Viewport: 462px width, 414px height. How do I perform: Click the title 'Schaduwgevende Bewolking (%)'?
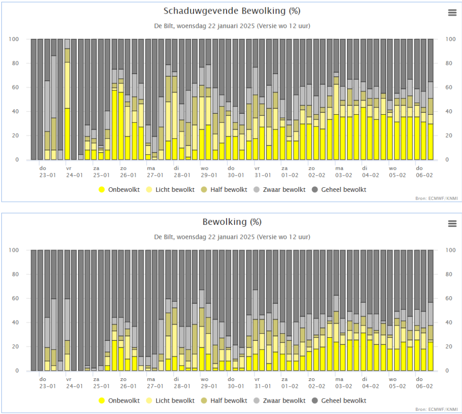[232, 11]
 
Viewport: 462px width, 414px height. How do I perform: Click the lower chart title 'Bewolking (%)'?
[232, 222]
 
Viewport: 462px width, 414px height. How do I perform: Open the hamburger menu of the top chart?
[452, 13]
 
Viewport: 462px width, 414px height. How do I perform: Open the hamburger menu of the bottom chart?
[452, 223]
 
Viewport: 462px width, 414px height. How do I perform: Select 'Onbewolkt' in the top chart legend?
[119, 190]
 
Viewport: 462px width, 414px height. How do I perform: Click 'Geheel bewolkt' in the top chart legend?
[339, 190]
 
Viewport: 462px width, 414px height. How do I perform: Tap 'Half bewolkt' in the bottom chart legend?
[224, 400]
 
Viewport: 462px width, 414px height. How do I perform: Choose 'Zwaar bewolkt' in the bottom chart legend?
[280, 400]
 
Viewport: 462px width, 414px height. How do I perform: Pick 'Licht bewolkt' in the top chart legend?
[170, 190]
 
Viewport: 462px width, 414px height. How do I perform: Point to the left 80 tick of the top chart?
[15, 63]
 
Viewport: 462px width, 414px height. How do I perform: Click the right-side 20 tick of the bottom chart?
[449, 346]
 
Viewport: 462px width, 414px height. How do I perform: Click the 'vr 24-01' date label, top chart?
[74, 172]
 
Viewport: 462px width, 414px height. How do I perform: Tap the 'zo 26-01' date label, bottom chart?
[129, 382]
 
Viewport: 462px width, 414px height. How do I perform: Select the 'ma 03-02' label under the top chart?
[343, 172]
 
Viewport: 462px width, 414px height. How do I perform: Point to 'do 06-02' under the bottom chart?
[424, 382]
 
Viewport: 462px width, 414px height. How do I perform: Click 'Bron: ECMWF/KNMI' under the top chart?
[436, 199]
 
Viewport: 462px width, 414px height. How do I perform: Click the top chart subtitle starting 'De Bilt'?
[232, 26]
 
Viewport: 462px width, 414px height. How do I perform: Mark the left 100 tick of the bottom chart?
[14, 250]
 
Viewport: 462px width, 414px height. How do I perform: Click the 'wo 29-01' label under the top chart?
[209, 172]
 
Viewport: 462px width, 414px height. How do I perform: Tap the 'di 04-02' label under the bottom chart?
[370, 382]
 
